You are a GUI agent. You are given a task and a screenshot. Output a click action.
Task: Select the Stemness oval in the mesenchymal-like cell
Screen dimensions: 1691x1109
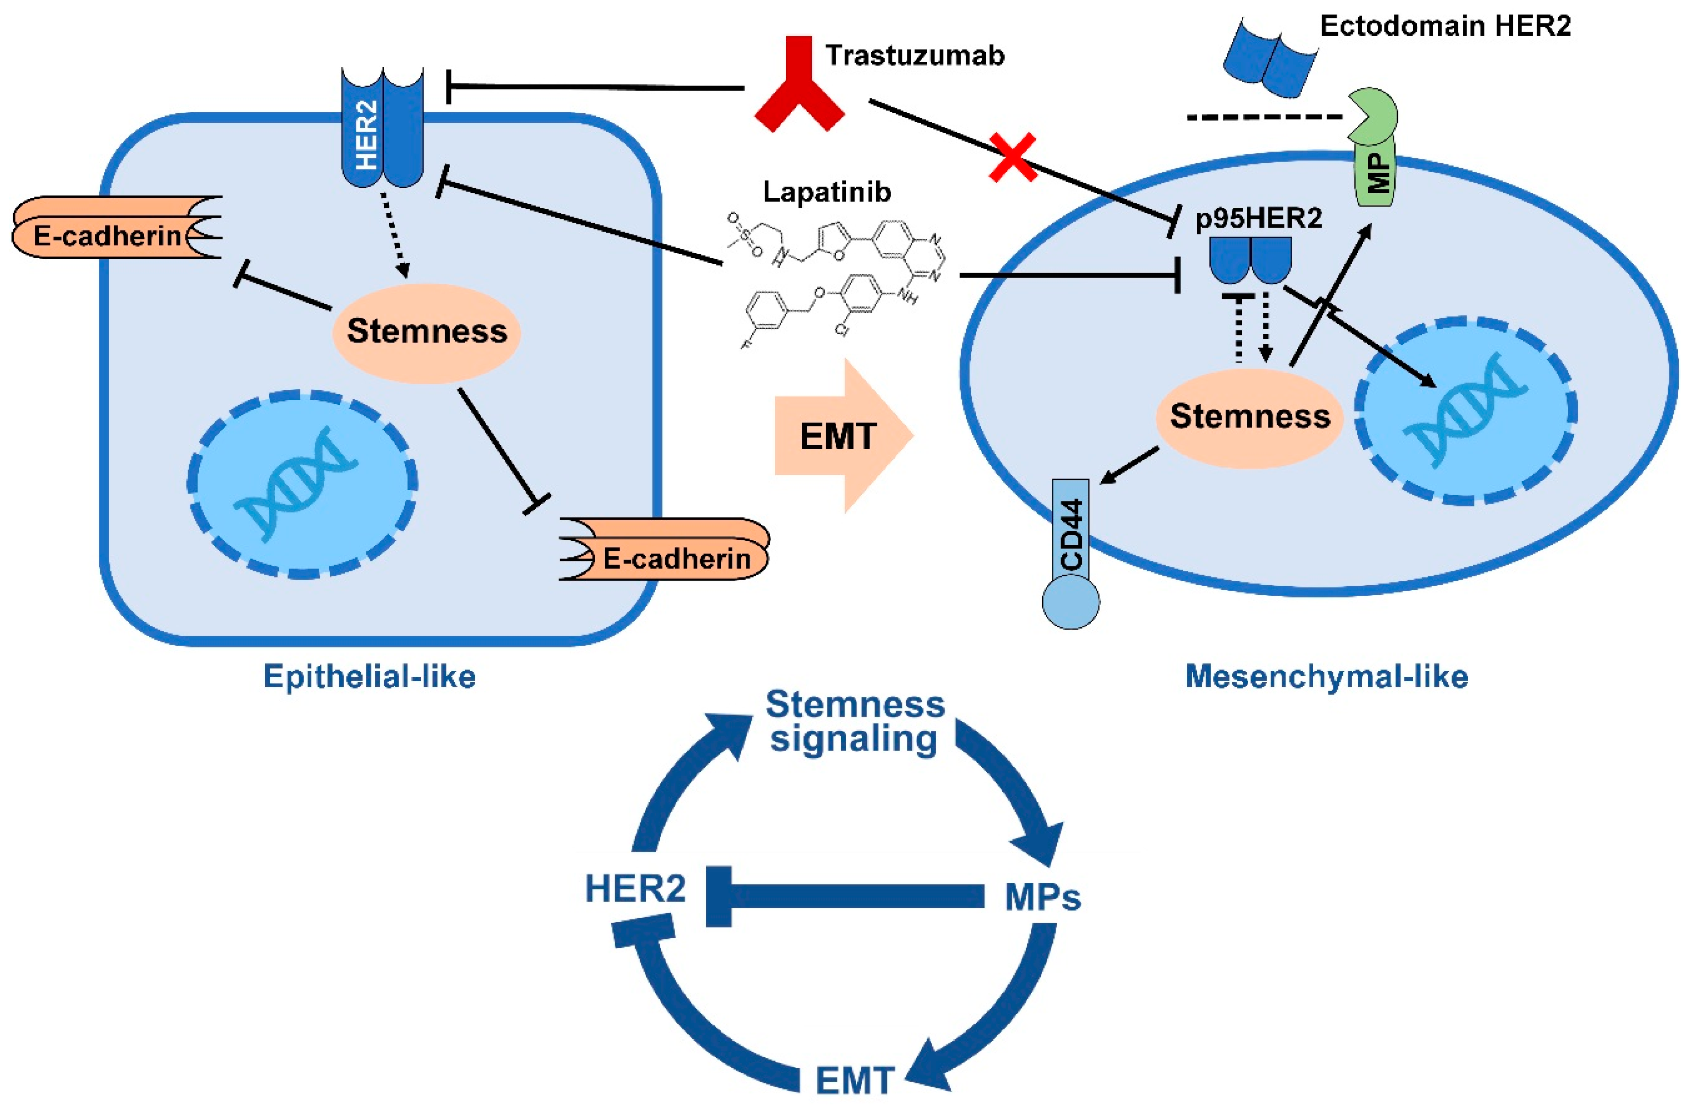coord(1250,417)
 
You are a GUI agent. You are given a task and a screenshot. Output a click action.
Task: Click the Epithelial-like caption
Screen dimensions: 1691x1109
coord(370,676)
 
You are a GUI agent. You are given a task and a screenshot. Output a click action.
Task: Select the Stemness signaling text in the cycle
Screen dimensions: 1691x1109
coord(855,722)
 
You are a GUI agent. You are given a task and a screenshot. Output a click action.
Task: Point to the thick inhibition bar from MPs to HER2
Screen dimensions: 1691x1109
coord(845,896)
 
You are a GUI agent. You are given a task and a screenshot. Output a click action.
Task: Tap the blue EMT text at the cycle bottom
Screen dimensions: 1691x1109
coord(855,1081)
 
